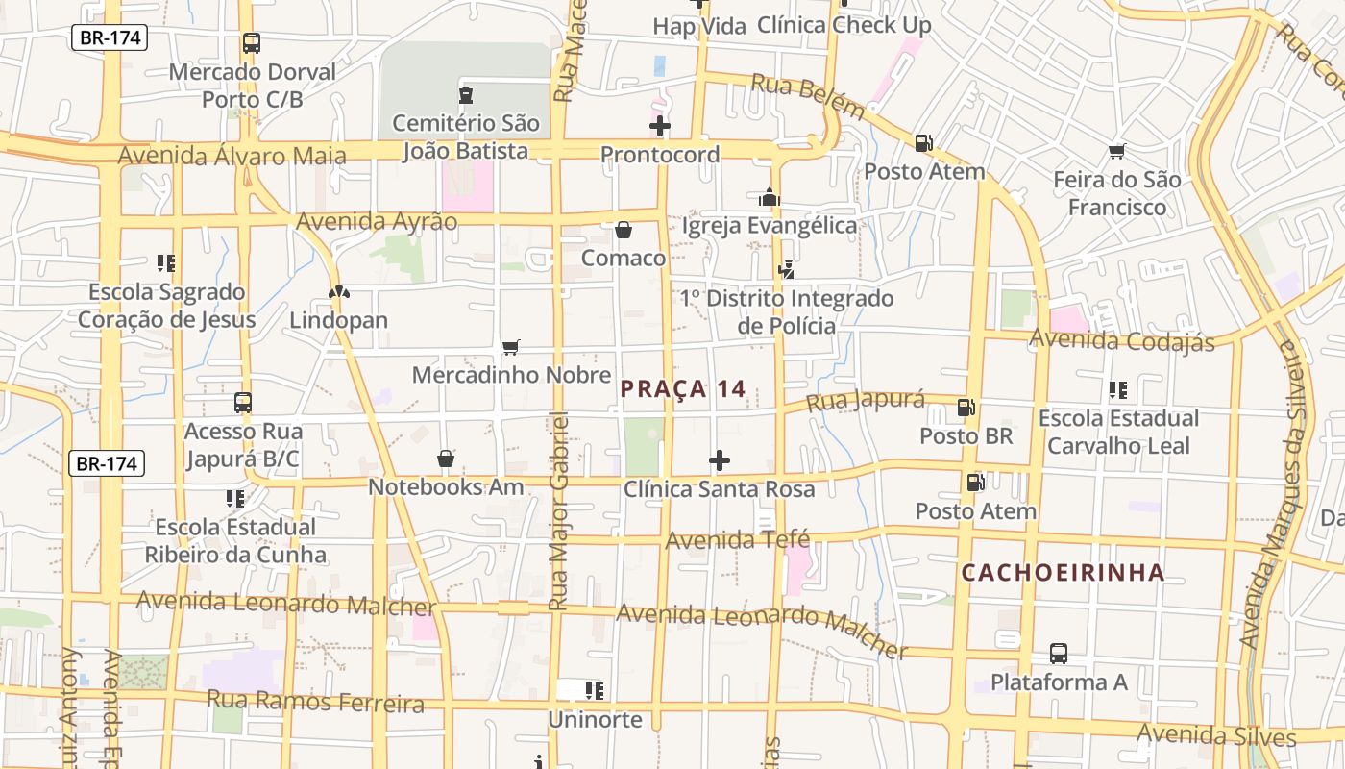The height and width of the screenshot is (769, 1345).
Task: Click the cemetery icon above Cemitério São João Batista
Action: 466,94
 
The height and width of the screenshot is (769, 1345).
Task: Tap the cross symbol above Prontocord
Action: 660,126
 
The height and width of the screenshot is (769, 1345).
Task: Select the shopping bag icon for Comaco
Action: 623,230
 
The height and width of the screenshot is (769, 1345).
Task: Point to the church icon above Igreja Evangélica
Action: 769,197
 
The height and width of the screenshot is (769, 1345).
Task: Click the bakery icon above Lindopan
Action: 338,292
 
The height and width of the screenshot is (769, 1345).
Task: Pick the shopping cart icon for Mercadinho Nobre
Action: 511,347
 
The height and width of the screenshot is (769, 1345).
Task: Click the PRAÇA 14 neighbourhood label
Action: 682,389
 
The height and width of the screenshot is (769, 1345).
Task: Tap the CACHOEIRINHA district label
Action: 1063,574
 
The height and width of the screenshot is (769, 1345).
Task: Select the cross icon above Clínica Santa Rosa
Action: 719,460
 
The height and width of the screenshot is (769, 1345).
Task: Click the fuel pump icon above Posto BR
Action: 966,408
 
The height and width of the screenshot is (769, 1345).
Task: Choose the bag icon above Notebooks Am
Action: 446,459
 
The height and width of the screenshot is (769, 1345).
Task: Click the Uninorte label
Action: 595,719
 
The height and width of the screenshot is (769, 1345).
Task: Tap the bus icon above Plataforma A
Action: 1058,654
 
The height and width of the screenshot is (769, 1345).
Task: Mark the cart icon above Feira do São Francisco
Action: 1116,151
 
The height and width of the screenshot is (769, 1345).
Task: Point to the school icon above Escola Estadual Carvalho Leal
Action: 1118,390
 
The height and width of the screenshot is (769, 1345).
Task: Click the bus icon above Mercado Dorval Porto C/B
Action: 252,43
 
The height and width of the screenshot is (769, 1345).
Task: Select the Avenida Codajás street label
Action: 1121,340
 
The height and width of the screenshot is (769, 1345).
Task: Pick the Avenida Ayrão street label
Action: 377,222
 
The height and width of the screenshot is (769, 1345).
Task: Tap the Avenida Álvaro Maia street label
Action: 232,156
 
